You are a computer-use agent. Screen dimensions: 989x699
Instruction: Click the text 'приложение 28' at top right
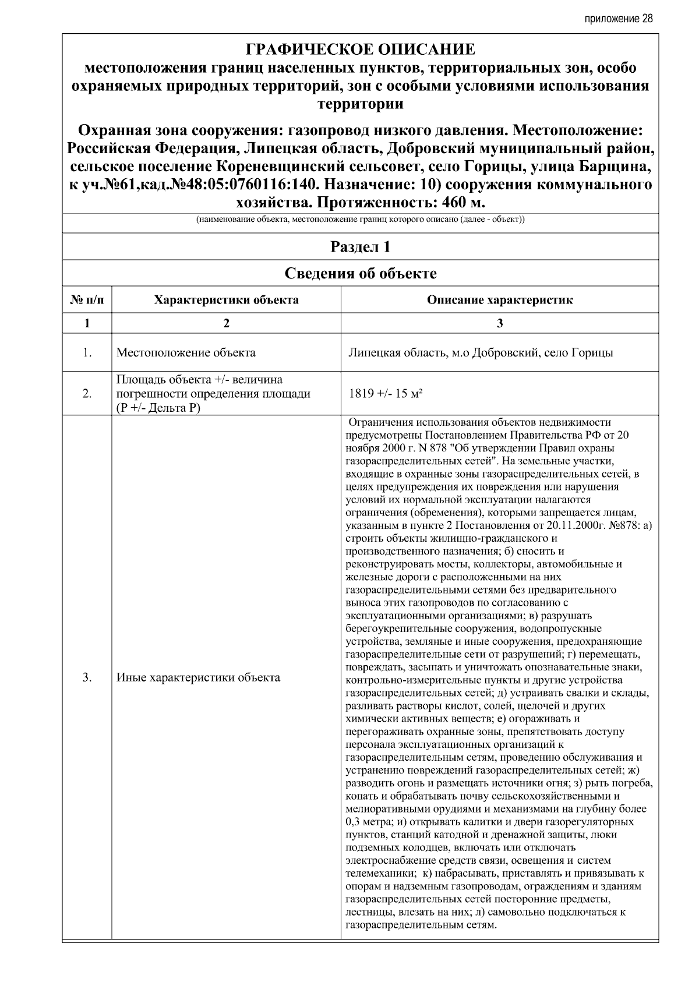[x=619, y=19]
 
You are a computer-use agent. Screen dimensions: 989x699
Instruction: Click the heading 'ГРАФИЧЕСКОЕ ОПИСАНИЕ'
[x=361, y=50]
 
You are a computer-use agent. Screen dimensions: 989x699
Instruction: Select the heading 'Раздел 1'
[x=361, y=247]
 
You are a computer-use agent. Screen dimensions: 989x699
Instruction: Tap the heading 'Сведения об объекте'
[x=361, y=273]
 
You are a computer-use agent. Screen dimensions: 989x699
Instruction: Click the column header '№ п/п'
[x=87, y=301]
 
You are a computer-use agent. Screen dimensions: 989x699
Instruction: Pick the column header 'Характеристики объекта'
[x=226, y=301]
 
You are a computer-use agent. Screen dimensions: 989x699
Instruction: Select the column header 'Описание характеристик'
[x=499, y=301]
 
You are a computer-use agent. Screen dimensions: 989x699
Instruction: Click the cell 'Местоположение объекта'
[x=186, y=353]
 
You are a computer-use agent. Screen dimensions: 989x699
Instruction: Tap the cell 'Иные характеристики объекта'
[x=198, y=677]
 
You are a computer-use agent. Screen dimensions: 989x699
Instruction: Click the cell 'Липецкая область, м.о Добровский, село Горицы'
[x=480, y=353]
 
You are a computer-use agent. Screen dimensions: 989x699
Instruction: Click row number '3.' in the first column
[x=87, y=677]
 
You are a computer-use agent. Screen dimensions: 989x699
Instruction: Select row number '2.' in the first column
[x=87, y=394]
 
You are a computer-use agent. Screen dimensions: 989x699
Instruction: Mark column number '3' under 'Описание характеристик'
[x=499, y=324]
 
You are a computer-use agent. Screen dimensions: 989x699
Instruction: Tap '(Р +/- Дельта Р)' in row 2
[x=158, y=408]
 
